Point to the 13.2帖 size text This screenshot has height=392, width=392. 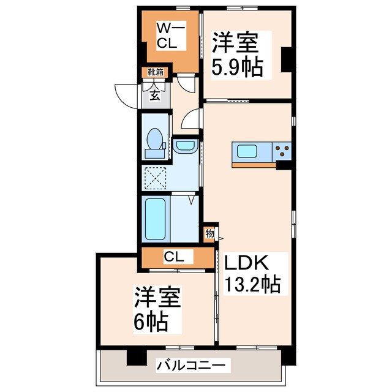point(251,284)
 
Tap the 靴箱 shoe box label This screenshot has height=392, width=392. point(154,72)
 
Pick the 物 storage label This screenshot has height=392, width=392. point(209,233)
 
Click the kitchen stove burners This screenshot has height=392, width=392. point(282,149)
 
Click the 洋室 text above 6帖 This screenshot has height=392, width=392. point(157,298)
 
